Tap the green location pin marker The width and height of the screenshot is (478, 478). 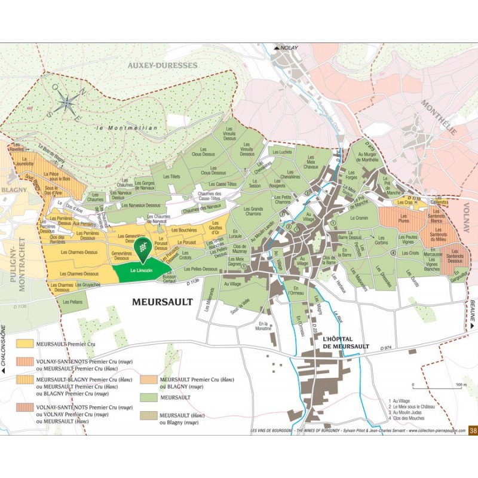[x=142, y=249]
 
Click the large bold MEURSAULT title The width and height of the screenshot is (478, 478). [x=163, y=302]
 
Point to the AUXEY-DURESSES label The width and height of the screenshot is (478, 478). [x=161, y=65]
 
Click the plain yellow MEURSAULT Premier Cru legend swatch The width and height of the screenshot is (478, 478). [x=25, y=344]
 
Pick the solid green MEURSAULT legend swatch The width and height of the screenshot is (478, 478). [x=149, y=397]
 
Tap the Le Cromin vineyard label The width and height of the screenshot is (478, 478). [x=359, y=219]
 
